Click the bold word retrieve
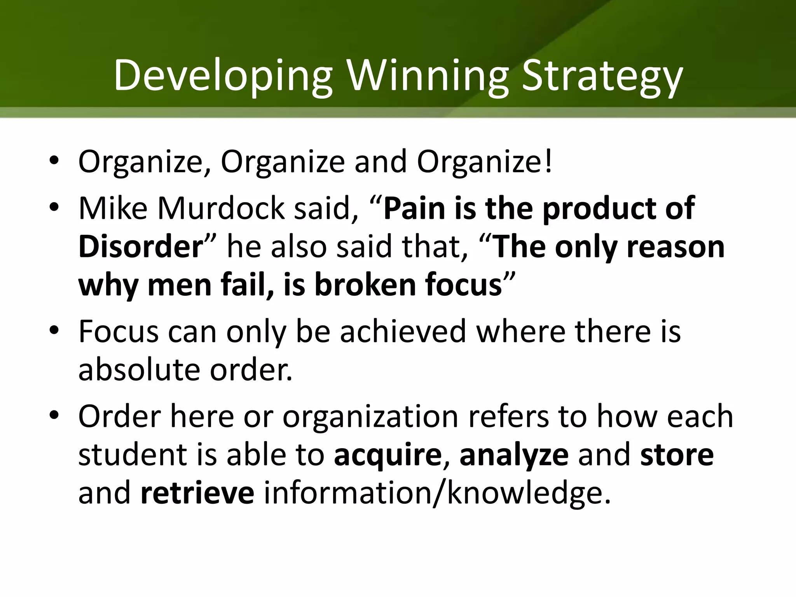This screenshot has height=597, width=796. pos(197,493)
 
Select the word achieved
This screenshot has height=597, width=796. pos(403,331)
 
